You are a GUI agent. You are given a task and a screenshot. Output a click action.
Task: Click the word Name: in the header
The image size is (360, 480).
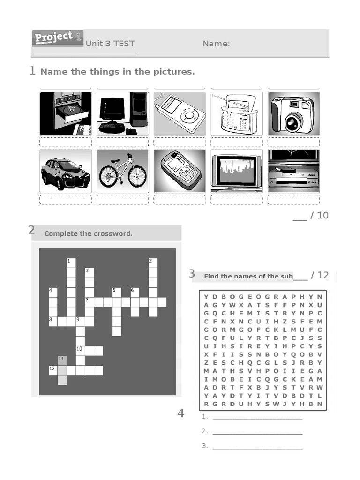[216, 44]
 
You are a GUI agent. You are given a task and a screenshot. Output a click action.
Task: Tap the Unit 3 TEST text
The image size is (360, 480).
[110, 44]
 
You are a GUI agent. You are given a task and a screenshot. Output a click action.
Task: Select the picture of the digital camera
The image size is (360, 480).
[293, 113]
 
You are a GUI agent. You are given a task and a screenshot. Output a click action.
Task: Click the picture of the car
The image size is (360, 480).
[66, 171]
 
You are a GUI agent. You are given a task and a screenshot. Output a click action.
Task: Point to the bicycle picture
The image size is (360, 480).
[123, 171]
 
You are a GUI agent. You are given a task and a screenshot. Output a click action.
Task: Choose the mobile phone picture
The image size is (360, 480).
[180, 171]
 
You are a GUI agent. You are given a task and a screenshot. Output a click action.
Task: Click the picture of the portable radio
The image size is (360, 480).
[237, 113]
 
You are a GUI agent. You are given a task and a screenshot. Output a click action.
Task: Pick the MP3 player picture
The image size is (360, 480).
[180, 113]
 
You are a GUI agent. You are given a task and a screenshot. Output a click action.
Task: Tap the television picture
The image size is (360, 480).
[237, 171]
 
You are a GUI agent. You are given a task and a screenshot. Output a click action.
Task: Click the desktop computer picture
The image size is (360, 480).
[123, 113]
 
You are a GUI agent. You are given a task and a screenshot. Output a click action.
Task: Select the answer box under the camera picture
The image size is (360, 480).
[293, 142]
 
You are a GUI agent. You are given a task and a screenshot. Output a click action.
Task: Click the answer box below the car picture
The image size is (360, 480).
[66, 200]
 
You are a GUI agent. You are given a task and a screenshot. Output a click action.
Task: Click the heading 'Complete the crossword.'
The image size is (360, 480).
[88, 233]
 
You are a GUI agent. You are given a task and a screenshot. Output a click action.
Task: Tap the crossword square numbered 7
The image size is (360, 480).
[89, 302]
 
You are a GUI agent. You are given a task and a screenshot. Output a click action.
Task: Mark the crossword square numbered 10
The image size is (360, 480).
[80, 351]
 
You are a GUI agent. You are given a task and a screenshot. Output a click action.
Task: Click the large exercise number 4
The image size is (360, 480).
[181, 413]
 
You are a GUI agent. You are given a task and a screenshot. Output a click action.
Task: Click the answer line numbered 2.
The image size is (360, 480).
[257, 431]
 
